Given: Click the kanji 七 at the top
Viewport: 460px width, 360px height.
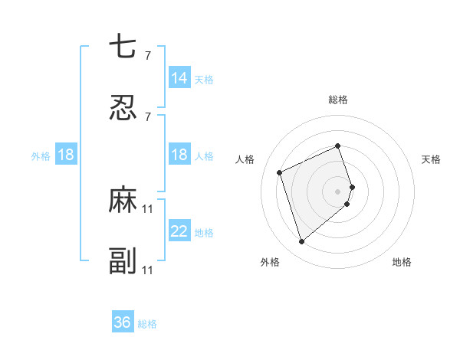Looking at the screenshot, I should pyautogui.click(x=123, y=47).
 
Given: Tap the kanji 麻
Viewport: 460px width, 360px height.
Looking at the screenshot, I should pyautogui.click(x=123, y=200).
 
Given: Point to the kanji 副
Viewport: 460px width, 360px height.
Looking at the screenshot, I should pyautogui.click(x=123, y=260).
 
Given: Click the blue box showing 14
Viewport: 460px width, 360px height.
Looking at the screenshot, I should pyautogui.click(x=179, y=77).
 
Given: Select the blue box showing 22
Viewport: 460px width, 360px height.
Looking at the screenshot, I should pyautogui.click(x=179, y=231).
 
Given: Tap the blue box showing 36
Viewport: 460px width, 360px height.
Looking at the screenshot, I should pyautogui.click(x=123, y=322).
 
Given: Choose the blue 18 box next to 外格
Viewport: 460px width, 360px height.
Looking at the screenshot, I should pyautogui.click(x=66, y=155).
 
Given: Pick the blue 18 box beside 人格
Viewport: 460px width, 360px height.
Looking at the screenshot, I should pyautogui.click(x=179, y=155).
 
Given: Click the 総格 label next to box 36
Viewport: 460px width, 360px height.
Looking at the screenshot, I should pyautogui.click(x=147, y=324).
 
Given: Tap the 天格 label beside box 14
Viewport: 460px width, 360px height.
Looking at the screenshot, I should pyautogui.click(x=204, y=79).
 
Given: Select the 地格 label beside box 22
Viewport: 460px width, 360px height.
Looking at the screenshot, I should pyautogui.click(x=204, y=233).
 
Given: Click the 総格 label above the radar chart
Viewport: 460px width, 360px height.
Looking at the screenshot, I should pyautogui.click(x=338, y=100).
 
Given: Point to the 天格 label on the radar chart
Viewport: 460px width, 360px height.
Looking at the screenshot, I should pyautogui.click(x=431, y=159).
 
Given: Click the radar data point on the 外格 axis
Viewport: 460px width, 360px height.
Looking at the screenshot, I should pyautogui.click(x=301, y=242).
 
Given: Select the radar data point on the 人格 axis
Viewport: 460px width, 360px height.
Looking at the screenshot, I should pyautogui.click(x=281, y=172).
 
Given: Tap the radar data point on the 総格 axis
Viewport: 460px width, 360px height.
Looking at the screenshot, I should pyautogui.click(x=338, y=146).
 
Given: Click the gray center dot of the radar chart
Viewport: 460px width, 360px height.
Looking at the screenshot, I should pyautogui.click(x=338, y=190).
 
